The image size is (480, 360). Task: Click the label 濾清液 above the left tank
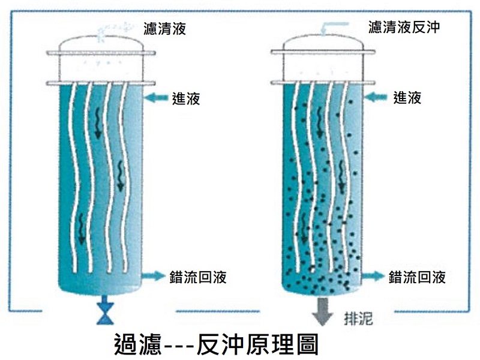pos(164,28)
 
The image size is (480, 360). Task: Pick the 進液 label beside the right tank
pos(407,97)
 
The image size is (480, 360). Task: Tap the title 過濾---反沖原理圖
pos(215,344)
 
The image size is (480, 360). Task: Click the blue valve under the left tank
pos(104,311)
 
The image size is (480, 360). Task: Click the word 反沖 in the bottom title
pos(217,344)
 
